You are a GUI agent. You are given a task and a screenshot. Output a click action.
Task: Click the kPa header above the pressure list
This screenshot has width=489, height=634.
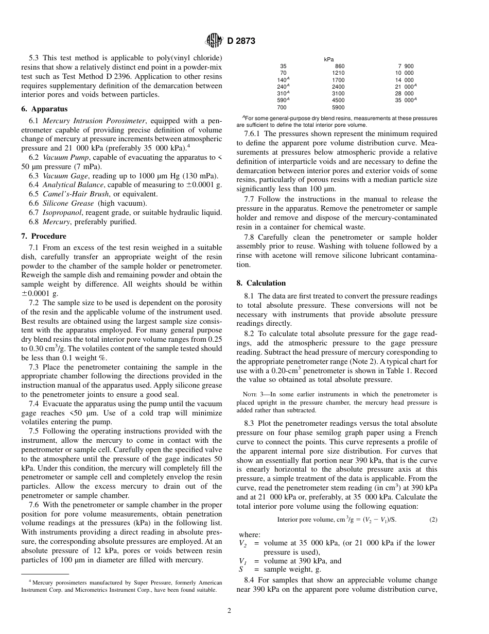pos(329,59)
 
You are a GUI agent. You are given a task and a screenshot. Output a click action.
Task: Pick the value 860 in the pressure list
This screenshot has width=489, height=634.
pos(340,66)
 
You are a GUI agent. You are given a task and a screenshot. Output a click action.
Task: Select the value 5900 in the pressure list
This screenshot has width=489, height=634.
pos(338,107)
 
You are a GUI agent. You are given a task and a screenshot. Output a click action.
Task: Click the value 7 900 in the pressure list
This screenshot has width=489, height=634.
pos(406,66)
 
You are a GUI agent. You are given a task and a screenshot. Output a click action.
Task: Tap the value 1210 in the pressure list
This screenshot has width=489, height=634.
pos(338,73)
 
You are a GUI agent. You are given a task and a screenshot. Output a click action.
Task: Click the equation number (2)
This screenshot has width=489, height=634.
pos(433,520)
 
